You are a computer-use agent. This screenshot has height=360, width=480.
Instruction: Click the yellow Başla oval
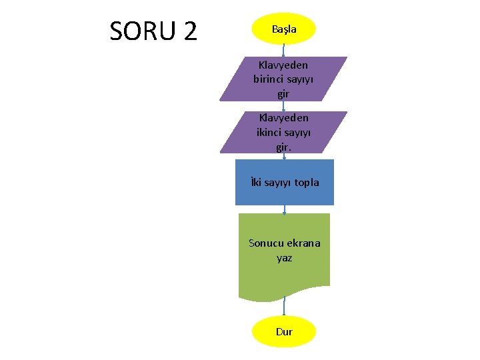click(x=284, y=29)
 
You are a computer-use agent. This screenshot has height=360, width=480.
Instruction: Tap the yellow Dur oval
click(x=284, y=331)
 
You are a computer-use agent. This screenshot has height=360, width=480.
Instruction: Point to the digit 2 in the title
click(x=189, y=31)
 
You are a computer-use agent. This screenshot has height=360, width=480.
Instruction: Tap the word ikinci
click(x=271, y=132)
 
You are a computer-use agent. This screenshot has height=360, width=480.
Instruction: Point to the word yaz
click(x=284, y=257)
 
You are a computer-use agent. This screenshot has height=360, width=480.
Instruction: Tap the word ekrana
click(x=304, y=243)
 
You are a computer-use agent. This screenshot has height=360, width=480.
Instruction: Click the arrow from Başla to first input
click(x=284, y=51)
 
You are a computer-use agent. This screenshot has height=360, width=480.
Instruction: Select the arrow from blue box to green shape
click(x=285, y=209)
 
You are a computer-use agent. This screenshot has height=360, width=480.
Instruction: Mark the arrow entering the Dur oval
click(x=284, y=307)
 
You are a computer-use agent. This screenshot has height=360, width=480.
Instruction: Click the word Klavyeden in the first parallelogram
click(x=283, y=65)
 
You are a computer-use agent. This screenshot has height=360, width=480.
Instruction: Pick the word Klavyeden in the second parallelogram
click(x=284, y=118)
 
